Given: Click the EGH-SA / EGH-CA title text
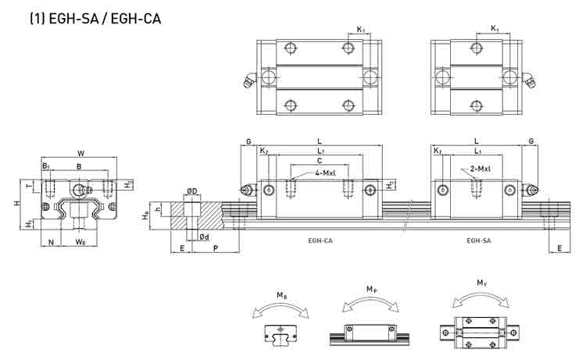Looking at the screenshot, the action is point(95,18).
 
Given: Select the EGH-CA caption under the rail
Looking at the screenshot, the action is point(320,241).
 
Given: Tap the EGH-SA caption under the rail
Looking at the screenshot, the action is point(479,241).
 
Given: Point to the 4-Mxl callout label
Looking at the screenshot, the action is point(325,173).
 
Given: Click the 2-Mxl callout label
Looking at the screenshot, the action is point(481,169).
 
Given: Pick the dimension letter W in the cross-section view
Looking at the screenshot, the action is point(80,153).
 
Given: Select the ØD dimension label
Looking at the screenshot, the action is point(192,191).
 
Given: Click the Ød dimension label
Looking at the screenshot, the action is point(204,237).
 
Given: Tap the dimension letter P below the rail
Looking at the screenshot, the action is point(216,248).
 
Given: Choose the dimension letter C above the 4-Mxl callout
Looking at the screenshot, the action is point(320,161).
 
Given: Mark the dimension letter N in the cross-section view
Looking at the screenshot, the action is point(52,242).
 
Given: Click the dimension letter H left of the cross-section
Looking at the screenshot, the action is point(16,204).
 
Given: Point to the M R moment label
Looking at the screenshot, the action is point(282,295).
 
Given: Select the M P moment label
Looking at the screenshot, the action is point(371,289).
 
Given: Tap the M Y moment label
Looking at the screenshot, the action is point(482,283).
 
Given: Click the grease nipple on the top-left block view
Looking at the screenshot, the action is point(250,80).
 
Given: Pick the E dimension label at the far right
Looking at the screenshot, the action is point(559,248).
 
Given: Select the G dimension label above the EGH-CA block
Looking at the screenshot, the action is point(248,141).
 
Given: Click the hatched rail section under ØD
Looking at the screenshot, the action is point(197,216).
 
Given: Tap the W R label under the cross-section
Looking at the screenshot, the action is point(80,242).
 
